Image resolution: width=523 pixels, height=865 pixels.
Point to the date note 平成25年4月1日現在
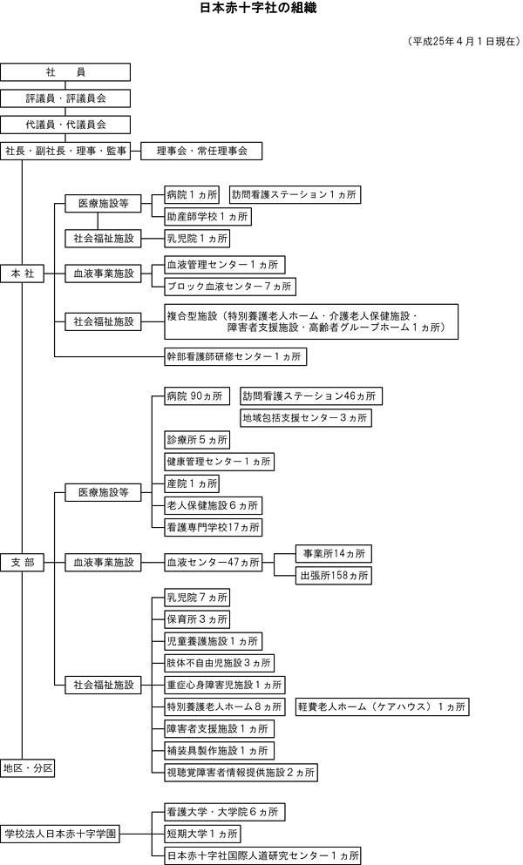(461, 41)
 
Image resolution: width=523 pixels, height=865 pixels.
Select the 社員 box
(65, 71)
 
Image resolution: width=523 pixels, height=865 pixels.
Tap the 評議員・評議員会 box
(65, 98)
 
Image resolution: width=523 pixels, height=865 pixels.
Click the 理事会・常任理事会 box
(201, 151)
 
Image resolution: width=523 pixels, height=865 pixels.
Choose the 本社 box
(22, 274)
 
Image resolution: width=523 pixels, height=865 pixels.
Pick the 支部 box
(22, 563)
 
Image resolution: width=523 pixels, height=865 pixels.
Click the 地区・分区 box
(29, 767)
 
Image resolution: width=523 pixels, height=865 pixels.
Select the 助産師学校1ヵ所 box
(207, 216)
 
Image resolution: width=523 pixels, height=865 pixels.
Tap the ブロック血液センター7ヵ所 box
(229, 286)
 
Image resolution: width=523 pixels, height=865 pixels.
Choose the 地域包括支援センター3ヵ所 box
(305, 417)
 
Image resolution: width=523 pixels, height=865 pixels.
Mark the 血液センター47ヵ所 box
(214, 563)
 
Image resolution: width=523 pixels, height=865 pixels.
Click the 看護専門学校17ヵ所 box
(213, 526)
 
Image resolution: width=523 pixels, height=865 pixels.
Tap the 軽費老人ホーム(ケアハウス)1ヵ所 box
(381, 706)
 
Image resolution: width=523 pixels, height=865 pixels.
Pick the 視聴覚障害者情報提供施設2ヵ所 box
(240, 772)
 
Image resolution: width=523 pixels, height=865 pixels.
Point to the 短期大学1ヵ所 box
(201, 834)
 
